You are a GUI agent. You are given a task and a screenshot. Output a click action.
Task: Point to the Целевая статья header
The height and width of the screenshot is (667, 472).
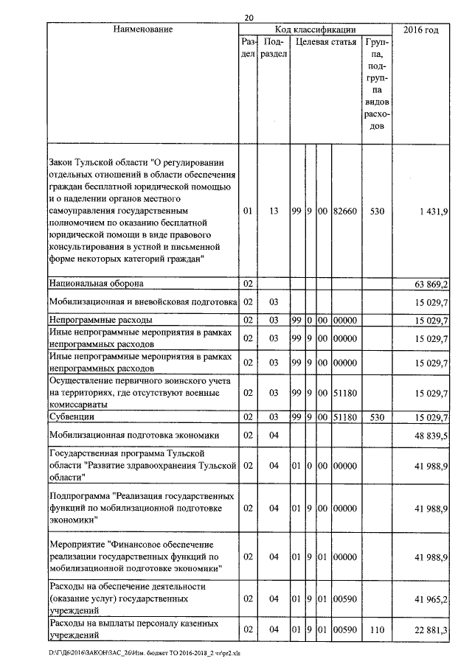326,43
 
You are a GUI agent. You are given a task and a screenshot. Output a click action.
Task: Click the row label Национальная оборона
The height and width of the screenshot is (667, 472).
96,283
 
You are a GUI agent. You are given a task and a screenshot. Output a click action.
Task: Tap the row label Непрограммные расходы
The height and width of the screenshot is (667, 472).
101,321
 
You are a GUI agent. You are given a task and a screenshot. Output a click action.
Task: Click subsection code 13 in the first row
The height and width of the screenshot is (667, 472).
274,212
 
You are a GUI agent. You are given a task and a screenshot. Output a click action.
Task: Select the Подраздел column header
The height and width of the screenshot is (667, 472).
274,49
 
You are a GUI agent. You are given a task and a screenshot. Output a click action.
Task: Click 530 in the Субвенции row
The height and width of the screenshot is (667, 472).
378,418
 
